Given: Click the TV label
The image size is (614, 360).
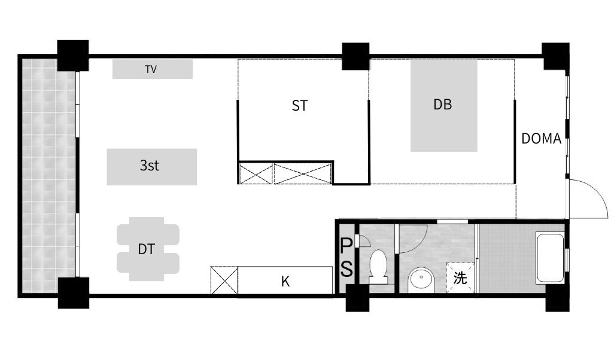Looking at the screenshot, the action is [151, 69].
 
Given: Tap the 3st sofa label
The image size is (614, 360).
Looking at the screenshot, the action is [149, 166].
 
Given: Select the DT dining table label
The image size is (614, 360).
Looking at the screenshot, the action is [146, 249].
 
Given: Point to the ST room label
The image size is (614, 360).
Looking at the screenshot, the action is [300, 106].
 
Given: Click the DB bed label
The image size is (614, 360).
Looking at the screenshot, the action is [442, 105].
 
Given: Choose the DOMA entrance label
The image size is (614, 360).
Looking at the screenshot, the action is [541, 139].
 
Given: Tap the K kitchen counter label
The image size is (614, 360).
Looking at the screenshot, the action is [285, 281].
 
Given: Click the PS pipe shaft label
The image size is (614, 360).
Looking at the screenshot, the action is [346, 258].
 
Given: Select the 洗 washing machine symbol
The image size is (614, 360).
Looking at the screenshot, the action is [461, 278].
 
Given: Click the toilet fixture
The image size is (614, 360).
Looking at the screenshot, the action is [378, 267].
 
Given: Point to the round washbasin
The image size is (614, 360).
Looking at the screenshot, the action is [421, 280].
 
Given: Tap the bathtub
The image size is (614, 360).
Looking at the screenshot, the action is [550, 258].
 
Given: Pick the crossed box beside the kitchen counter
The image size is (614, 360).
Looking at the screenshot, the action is [224, 280].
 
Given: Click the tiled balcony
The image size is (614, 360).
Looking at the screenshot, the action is [48, 175].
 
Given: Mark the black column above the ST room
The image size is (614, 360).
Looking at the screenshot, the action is [355, 56].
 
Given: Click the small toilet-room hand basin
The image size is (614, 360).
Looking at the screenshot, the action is [364, 241].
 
